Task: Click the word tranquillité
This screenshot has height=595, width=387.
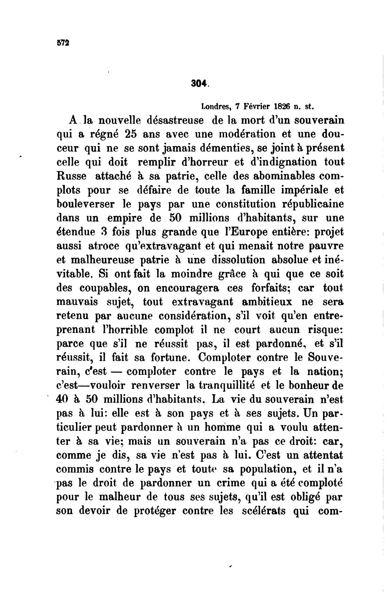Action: pyautogui.click(x=227, y=386)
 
